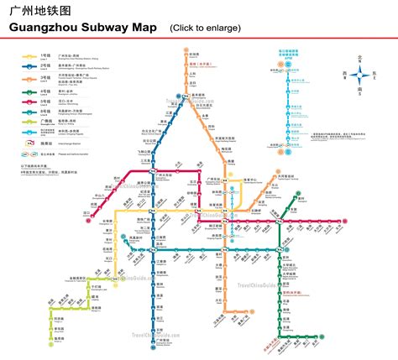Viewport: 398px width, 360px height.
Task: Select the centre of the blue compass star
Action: point(360,75)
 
